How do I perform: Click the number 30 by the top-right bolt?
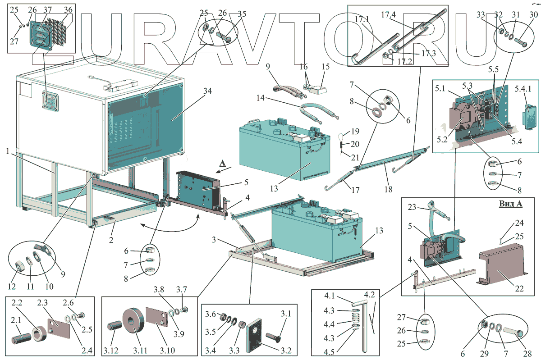coord(533,14)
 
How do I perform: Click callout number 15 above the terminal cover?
coord(325,66)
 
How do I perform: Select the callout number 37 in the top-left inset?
coord(47,9)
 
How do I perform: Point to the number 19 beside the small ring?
coord(355,132)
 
